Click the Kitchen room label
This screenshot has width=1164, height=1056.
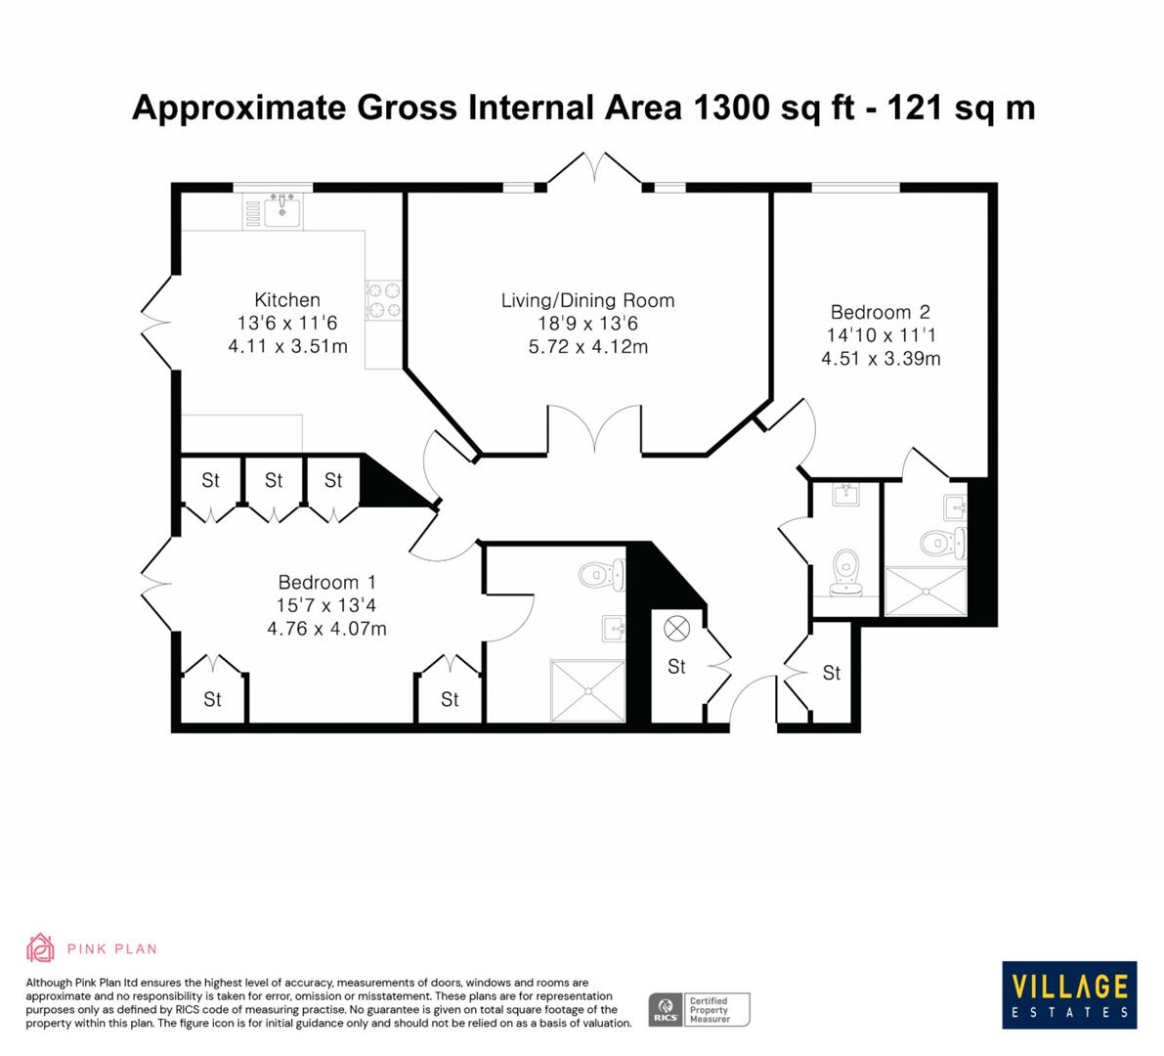(287, 300)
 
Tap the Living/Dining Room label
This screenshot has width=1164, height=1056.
(587, 301)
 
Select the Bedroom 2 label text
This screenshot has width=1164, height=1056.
(880, 313)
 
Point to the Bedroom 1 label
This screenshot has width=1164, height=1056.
(326, 581)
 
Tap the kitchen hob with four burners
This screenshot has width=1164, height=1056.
(383, 300)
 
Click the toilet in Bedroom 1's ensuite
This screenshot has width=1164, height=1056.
(598, 574)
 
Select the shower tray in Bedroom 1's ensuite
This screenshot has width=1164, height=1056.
(587, 691)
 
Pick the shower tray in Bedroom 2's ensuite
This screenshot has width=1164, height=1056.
(924, 591)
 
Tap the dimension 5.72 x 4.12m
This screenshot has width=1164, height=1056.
(587, 347)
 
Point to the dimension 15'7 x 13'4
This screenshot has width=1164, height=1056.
(326, 605)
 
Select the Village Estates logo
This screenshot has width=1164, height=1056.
(1068, 993)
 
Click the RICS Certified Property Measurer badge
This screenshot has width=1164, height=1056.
(700, 1009)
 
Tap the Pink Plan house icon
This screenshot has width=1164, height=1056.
(40, 946)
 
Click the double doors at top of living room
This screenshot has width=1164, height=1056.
(594, 168)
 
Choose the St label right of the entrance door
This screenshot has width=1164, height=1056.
(831, 673)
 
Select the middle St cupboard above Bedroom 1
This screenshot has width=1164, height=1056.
(274, 480)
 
